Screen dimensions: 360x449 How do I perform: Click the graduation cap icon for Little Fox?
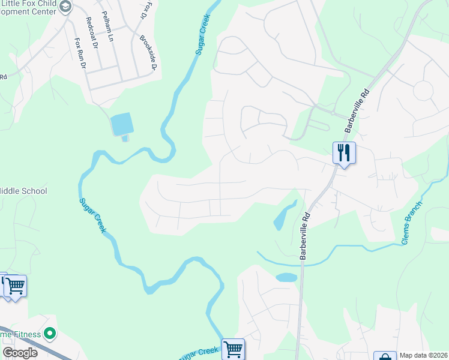65,7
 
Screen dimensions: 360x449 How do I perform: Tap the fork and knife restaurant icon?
344,152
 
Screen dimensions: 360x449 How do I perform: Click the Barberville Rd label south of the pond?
305,235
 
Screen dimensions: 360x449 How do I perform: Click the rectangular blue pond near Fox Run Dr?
122,124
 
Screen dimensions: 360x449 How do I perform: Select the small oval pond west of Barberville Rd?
286,278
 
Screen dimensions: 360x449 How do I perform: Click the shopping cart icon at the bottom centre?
233,349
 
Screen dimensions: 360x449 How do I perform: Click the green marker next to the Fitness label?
50,333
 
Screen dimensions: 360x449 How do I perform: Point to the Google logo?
20,353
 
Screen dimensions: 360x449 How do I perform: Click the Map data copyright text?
424,355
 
